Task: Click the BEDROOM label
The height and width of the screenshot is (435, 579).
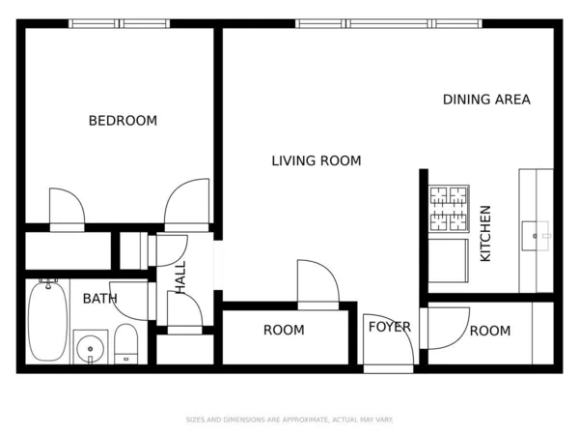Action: (x=123, y=121)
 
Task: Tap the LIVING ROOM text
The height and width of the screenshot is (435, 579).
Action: (x=316, y=161)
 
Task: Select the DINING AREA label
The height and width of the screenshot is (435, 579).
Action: (x=486, y=100)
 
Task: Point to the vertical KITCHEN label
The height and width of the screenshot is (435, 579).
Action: (x=485, y=233)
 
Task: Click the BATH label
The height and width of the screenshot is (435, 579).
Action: (x=99, y=299)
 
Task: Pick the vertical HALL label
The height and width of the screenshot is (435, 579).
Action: (x=180, y=277)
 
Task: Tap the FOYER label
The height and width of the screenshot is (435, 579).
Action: (x=390, y=327)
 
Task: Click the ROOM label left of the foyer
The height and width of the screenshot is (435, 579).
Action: (x=284, y=331)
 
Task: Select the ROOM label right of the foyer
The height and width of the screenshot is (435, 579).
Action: (x=489, y=332)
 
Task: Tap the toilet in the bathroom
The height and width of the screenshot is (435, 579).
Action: (x=126, y=345)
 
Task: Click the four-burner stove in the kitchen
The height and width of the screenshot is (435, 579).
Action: (x=448, y=210)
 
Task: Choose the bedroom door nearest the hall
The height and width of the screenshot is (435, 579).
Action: (x=187, y=204)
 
